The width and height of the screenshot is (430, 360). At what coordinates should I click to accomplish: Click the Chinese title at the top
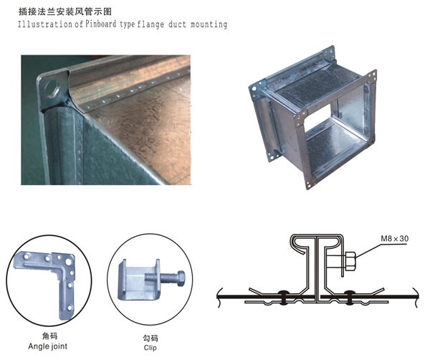point(65,11)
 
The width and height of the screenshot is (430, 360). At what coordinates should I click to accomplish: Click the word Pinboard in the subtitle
point(100,24)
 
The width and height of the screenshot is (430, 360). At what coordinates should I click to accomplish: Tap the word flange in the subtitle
point(150,24)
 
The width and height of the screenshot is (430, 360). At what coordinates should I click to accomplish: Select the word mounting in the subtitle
point(209,24)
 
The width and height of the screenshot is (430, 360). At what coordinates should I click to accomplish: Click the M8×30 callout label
point(395,238)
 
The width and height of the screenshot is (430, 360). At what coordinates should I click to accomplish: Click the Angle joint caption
point(48,346)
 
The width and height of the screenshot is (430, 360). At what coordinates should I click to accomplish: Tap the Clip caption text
point(150,348)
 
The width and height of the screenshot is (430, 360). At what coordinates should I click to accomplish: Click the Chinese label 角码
point(49,336)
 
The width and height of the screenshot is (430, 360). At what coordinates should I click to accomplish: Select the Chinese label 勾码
point(150,338)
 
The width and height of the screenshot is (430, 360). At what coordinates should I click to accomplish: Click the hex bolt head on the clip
point(181,278)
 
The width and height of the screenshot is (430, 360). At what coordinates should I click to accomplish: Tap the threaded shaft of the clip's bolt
point(161,278)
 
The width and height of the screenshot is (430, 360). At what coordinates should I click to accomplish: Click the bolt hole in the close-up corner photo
point(52,89)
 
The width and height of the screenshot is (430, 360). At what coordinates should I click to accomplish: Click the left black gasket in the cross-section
point(283,297)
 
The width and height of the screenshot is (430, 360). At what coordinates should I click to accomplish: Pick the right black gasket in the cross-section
point(349,297)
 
